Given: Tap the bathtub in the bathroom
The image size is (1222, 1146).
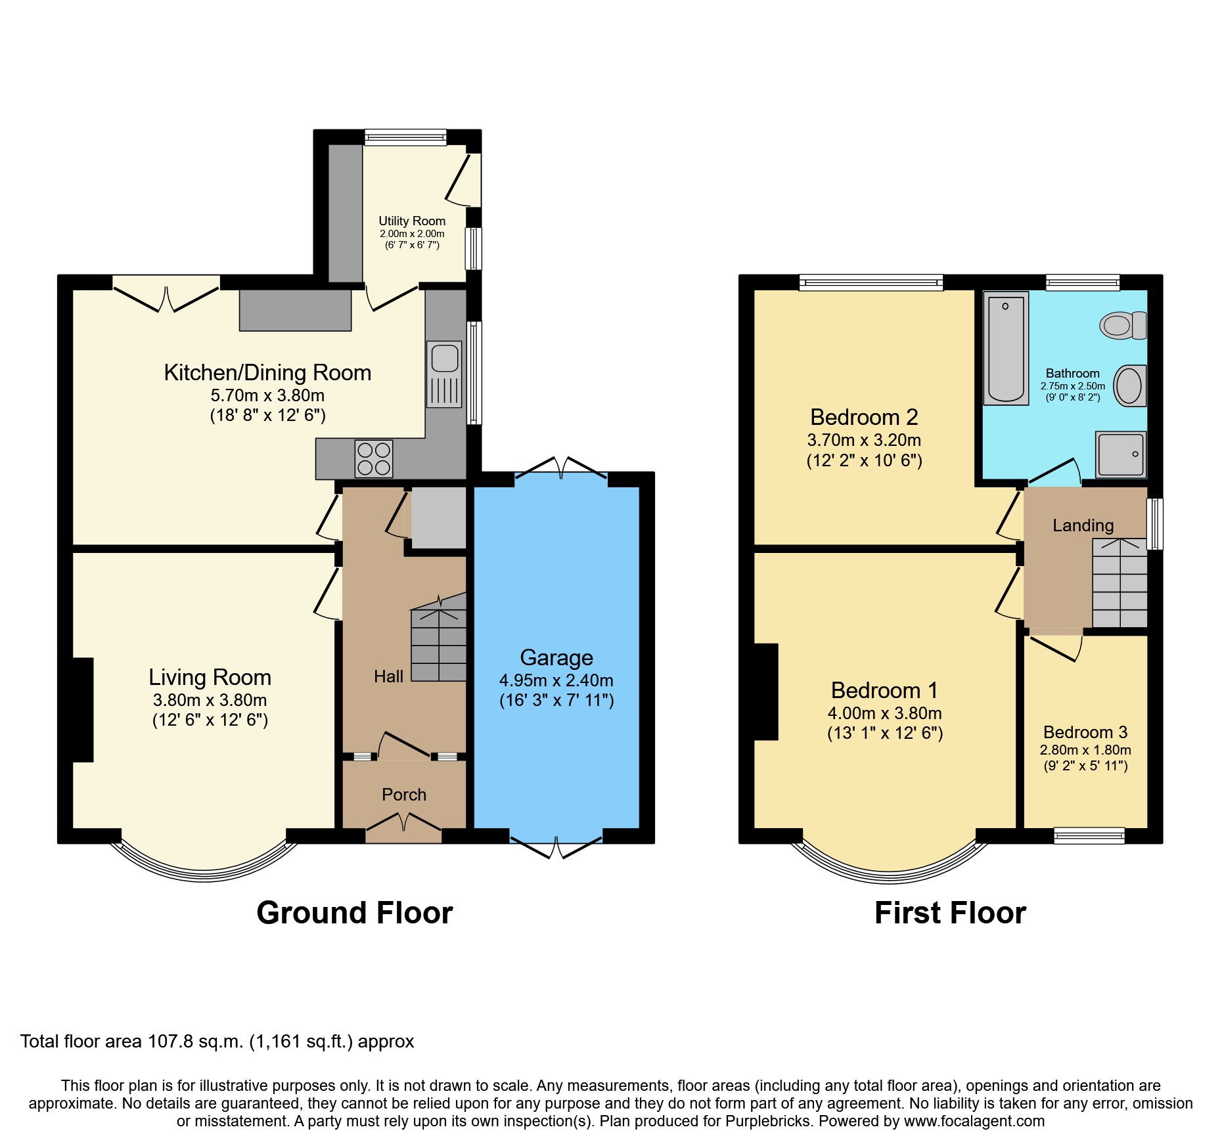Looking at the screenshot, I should coord(1006,348).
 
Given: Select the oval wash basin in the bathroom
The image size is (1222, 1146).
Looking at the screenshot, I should coord(1129,386).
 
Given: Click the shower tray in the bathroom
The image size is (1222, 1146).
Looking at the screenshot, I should coord(1120,454).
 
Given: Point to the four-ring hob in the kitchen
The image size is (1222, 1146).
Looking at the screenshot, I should coord(373,458).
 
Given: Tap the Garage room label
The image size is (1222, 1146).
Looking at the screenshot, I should coord(556,657).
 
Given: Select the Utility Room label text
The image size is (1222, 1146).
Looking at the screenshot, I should coord(412,221).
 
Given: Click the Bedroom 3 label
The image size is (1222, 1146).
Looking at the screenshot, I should coord(1085,732).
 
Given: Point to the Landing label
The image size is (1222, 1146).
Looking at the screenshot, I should coord(1083,525).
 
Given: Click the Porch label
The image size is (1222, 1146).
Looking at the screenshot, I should coord(404,795).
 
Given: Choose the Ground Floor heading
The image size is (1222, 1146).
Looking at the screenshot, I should coord(354,913).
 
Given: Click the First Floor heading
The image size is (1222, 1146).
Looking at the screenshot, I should coord(949,913).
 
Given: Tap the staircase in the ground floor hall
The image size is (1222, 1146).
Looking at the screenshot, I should coord(438,644).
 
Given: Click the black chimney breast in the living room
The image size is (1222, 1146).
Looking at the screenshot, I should coord(83,709).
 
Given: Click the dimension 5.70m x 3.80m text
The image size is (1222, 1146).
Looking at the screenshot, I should coord(267,395).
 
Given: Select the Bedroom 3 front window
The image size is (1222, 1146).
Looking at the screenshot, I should coord(1089,835).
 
